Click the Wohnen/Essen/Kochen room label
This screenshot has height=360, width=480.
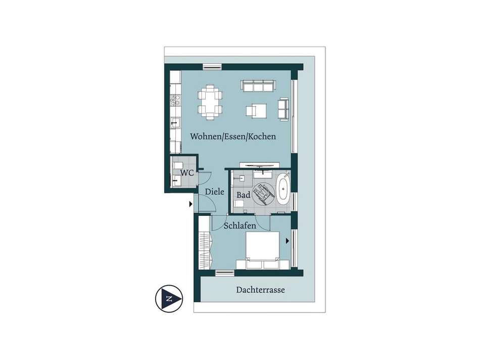233,137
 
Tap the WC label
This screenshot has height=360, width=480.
187,173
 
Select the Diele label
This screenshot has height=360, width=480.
214,192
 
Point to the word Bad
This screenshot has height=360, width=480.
244,195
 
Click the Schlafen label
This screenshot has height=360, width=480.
239,226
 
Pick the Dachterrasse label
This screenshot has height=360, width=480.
261,290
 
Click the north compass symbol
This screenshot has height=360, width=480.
169,299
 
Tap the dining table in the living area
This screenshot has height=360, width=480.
210,102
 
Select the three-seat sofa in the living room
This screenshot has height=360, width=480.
258,86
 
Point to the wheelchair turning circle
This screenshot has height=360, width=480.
263,194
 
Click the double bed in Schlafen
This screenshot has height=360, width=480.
263,250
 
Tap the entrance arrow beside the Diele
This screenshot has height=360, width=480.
190,204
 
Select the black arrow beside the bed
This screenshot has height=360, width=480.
287,241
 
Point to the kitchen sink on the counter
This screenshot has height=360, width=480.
175,124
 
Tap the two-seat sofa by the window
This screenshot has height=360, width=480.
283,109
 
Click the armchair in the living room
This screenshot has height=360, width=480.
256,111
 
